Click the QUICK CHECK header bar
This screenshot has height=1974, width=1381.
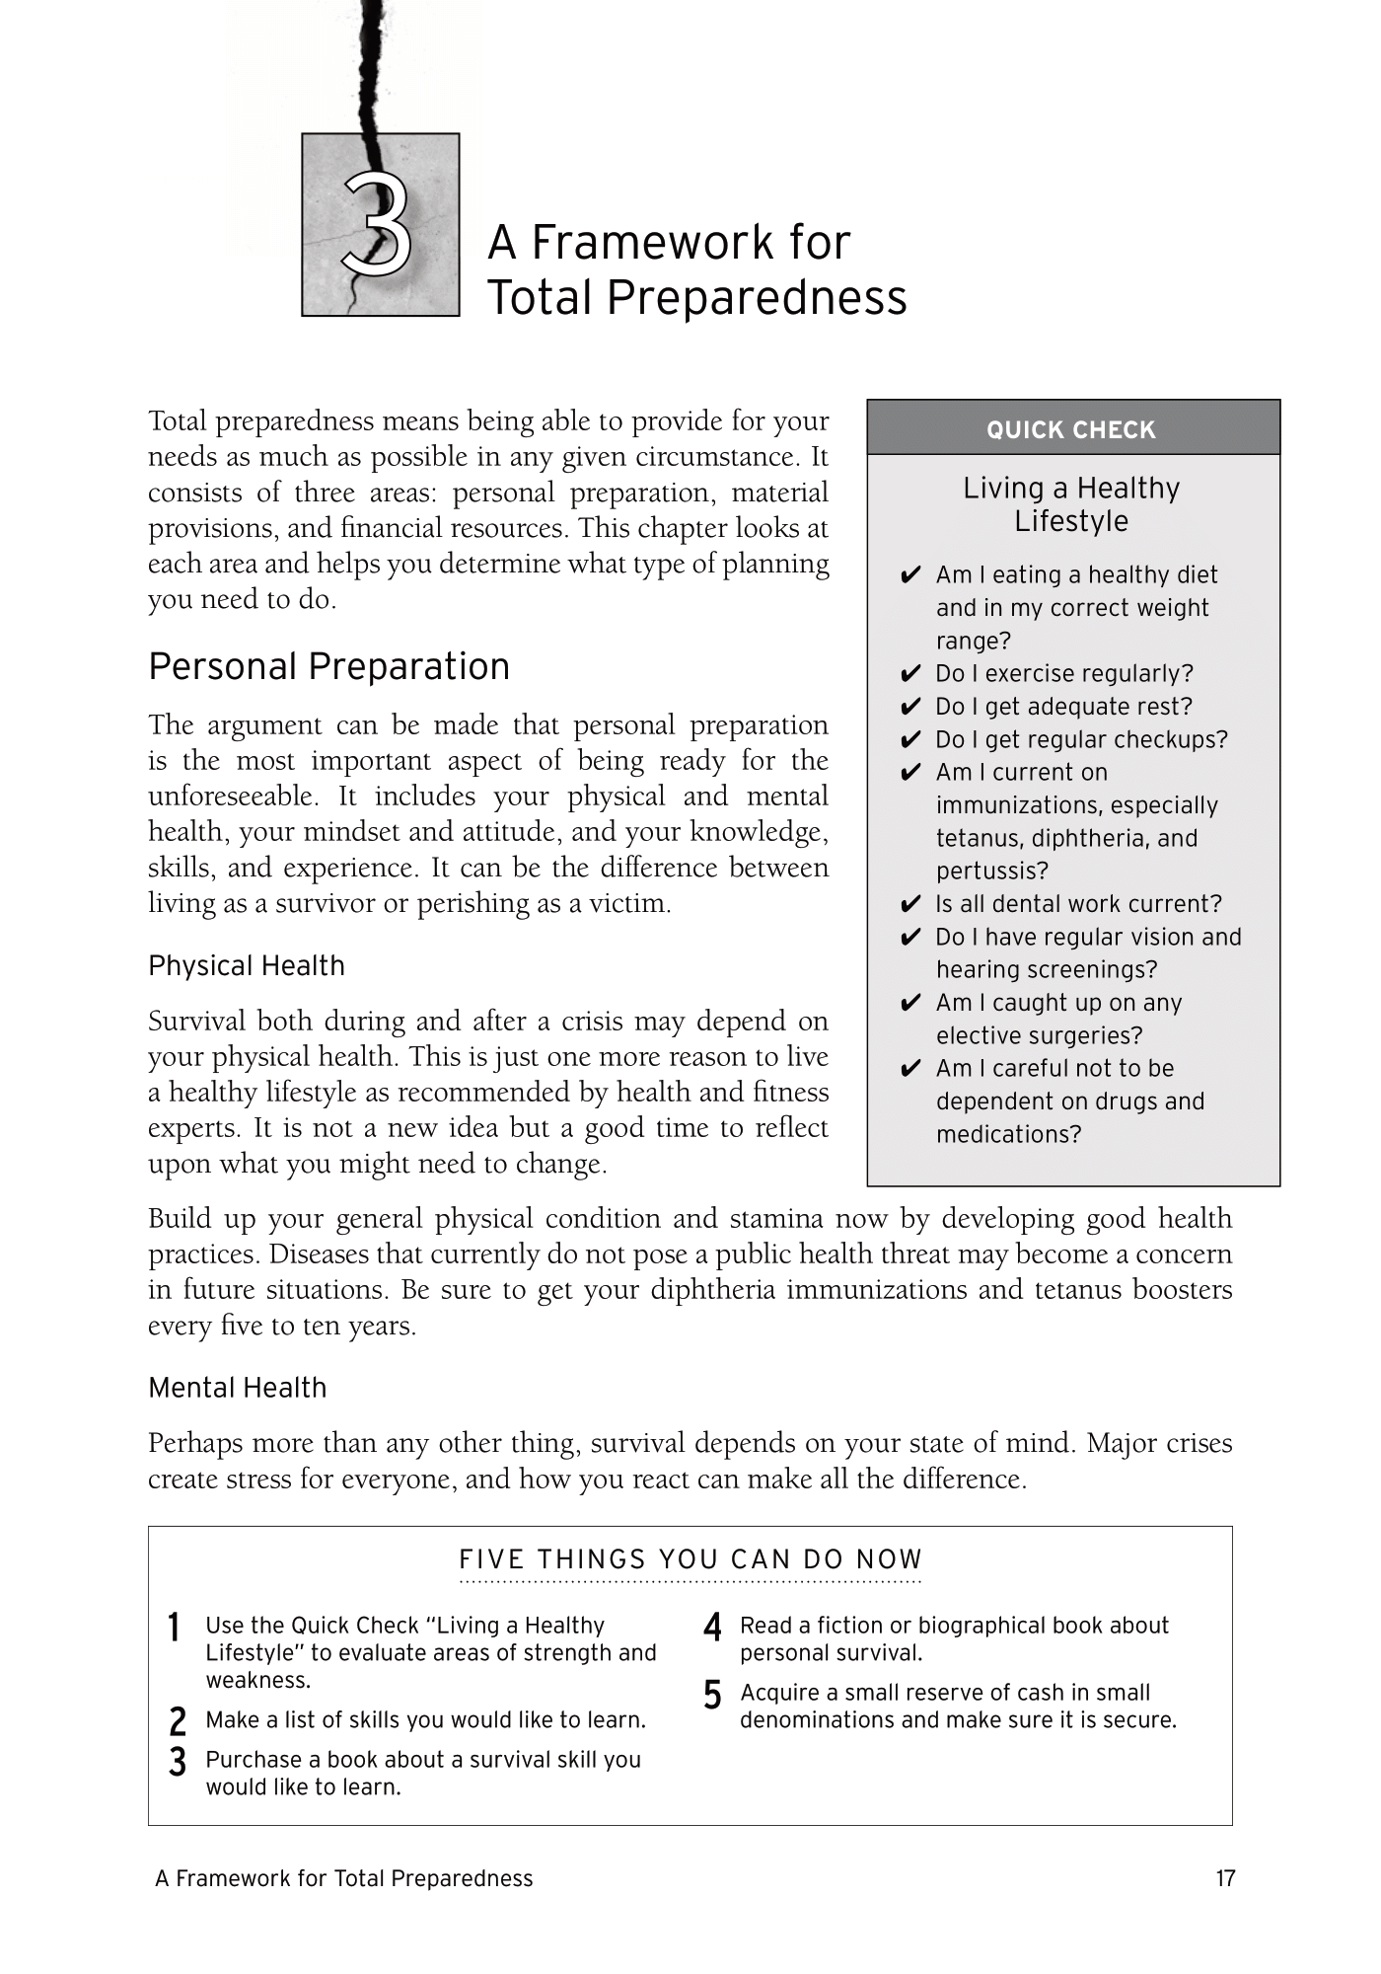coord(1072,429)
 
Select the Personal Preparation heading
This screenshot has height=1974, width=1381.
coord(328,666)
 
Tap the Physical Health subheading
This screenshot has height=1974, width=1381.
coord(247,965)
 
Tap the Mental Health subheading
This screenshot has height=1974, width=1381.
coord(237,1388)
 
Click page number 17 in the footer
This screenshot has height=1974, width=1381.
coord(1225,1878)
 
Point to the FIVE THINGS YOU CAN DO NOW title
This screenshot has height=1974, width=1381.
coord(690,1559)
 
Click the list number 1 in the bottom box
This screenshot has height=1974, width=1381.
coord(175,1628)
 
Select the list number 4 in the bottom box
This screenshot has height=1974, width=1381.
coord(712,1628)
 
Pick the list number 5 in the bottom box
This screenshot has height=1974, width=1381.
coord(712,1696)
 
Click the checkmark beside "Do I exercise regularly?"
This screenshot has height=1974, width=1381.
coord(910,675)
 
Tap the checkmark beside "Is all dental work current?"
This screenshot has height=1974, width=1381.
coord(910,905)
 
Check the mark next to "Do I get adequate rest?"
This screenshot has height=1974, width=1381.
coord(910,708)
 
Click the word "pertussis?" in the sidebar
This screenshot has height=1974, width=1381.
coord(992,872)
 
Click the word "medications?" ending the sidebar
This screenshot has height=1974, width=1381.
coord(1008,1135)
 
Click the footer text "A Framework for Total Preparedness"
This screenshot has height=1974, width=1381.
coord(343,1878)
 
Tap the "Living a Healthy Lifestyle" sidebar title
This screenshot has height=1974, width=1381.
coord(1071,504)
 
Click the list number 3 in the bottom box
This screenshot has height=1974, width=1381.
coord(178,1762)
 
